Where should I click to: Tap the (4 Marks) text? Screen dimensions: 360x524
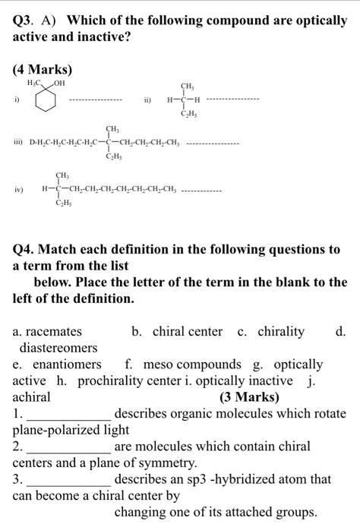tap(43, 69)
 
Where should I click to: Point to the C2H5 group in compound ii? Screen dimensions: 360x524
tap(187, 114)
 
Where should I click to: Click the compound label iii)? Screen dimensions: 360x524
tap(19, 142)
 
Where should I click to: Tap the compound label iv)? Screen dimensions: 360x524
tap(18, 189)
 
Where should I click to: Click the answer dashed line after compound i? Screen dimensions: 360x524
tap(95, 99)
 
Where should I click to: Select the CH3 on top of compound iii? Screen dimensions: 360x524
tap(112, 128)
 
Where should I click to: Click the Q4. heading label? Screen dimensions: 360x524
tap(28, 249)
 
